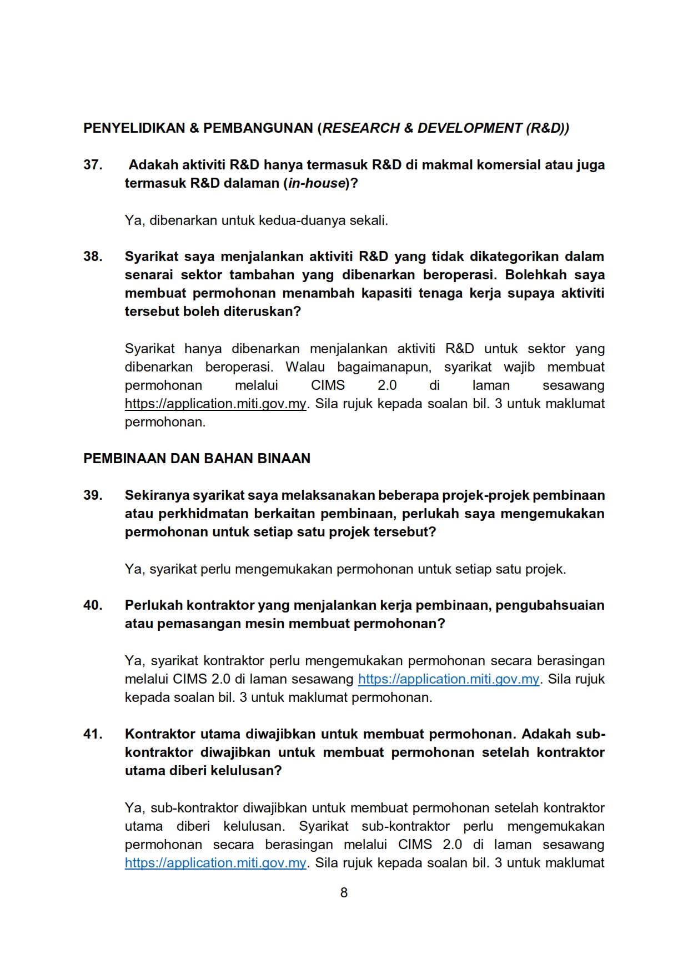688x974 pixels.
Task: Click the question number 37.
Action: point(93,165)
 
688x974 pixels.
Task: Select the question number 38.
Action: point(93,257)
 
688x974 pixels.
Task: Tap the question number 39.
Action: point(93,495)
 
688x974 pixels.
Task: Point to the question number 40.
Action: point(93,605)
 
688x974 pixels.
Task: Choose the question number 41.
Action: point(93,734)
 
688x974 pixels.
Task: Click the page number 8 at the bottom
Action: point(344,893)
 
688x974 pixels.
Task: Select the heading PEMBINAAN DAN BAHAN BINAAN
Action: point(197,459)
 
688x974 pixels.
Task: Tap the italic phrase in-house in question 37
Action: point(317,183)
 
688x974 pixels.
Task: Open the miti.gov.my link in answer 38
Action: point(215,404)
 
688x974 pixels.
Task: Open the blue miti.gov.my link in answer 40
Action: point(449,679)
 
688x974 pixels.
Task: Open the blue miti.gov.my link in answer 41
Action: point(215,863)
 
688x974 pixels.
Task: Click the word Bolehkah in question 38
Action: point(536,275)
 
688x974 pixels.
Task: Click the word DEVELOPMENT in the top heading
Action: point(469,128)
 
